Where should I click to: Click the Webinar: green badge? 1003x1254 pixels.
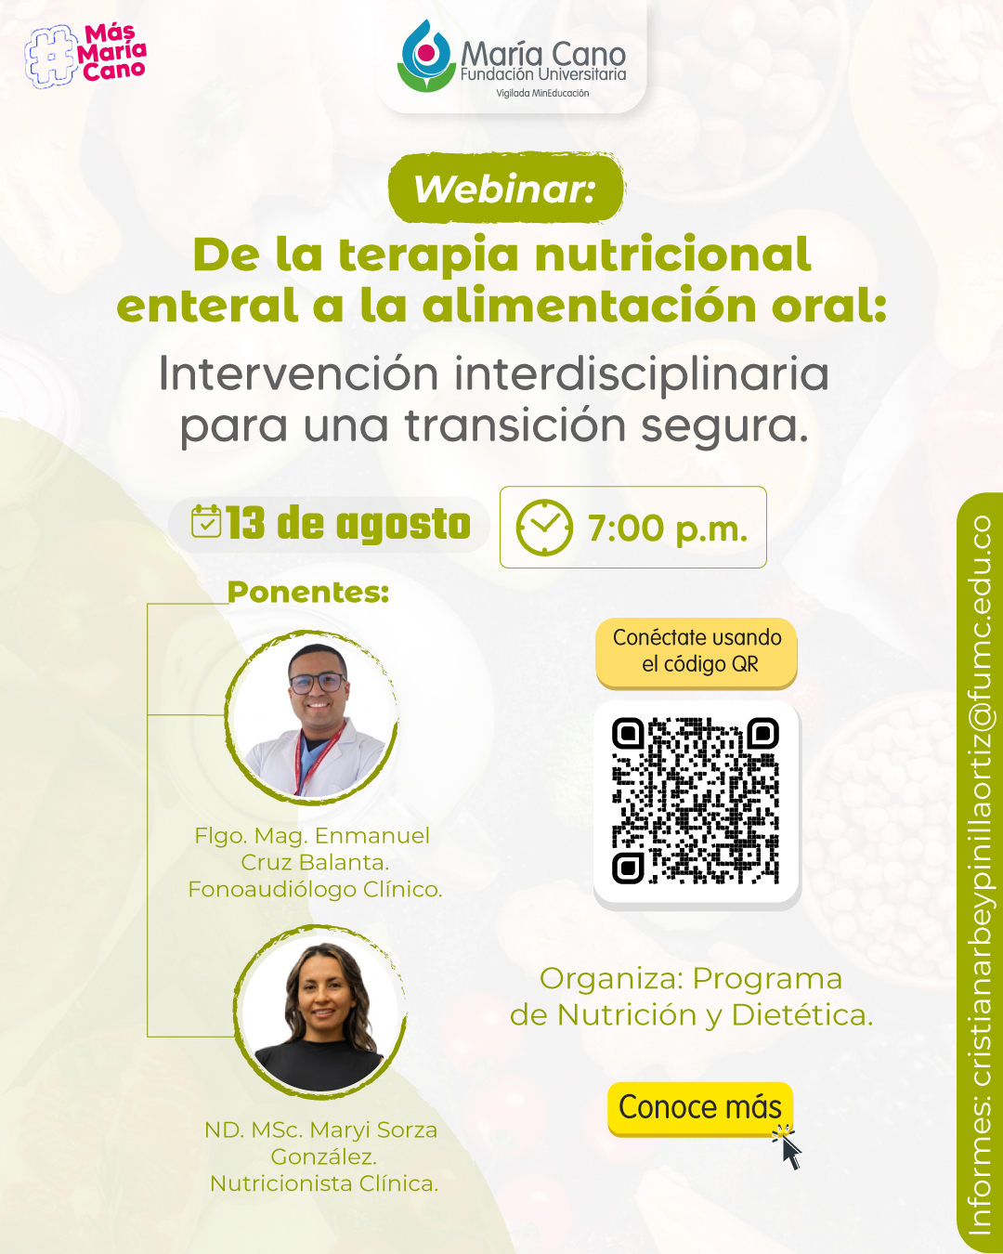coord(506,189)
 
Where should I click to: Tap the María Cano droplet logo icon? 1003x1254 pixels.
coord(426,56)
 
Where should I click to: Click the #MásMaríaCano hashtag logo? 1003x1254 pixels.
coord(85,56)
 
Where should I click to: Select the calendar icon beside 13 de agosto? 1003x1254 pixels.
coord(206,520)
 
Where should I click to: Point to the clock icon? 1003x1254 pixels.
coord(543,527)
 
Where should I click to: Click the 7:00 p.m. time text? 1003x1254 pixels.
coord(668,529)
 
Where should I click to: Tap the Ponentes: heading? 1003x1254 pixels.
coord(308,592)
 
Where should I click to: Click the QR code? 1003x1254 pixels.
coord(696,801)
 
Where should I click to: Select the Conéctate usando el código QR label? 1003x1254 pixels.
coord(697,651)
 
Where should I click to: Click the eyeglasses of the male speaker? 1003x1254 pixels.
coord(318,683)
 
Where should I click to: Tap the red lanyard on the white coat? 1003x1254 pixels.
coord(315,758)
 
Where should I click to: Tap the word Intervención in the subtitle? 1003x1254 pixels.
coord(298,373)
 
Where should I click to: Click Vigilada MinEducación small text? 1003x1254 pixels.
coord(542,93)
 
